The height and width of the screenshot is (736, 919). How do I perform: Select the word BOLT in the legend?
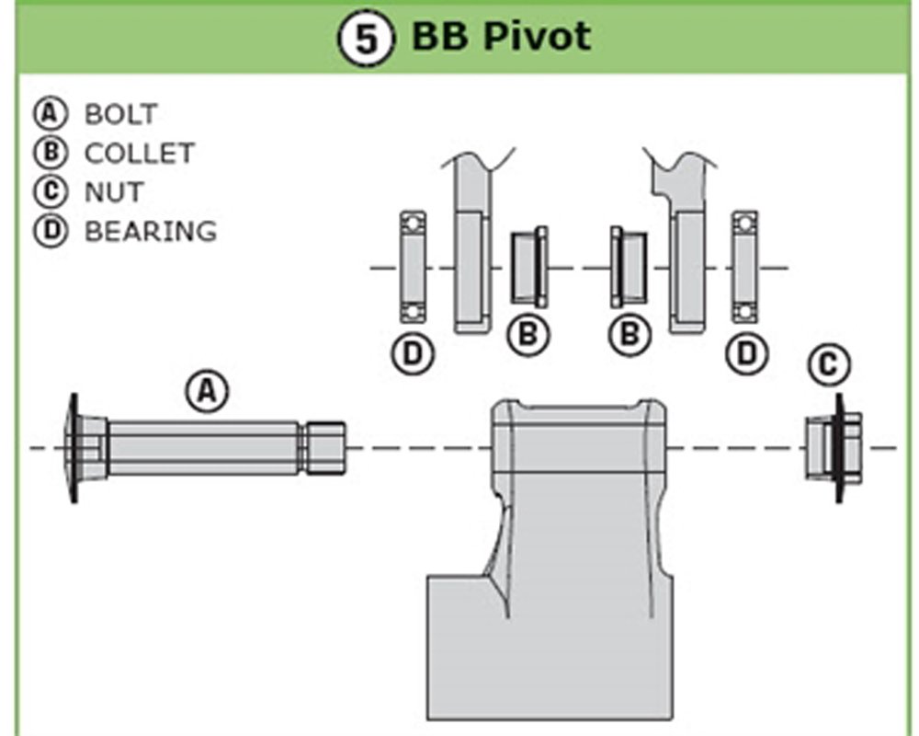(120, 114)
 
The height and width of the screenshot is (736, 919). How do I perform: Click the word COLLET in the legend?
(140, 153)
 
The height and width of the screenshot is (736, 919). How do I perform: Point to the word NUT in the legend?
(114, 191)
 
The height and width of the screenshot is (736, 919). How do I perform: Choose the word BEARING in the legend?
(151, 230)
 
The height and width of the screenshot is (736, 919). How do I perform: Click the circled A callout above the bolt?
(207, 391)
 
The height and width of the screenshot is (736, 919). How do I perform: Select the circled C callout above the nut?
(828, 364)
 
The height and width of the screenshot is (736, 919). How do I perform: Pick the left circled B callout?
(528, 334)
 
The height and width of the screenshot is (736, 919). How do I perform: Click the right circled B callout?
(630, 334)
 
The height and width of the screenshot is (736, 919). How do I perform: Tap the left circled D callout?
(412, 351)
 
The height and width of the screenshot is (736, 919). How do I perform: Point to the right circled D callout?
(746, 351)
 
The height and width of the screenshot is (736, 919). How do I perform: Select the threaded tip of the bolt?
(325, 448)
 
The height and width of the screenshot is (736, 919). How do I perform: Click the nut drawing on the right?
(834, 448)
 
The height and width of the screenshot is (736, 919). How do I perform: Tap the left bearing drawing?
(412, 267)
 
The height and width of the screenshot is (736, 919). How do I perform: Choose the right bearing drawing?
(744, 267)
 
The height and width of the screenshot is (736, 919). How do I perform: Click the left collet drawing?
(528, 267)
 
